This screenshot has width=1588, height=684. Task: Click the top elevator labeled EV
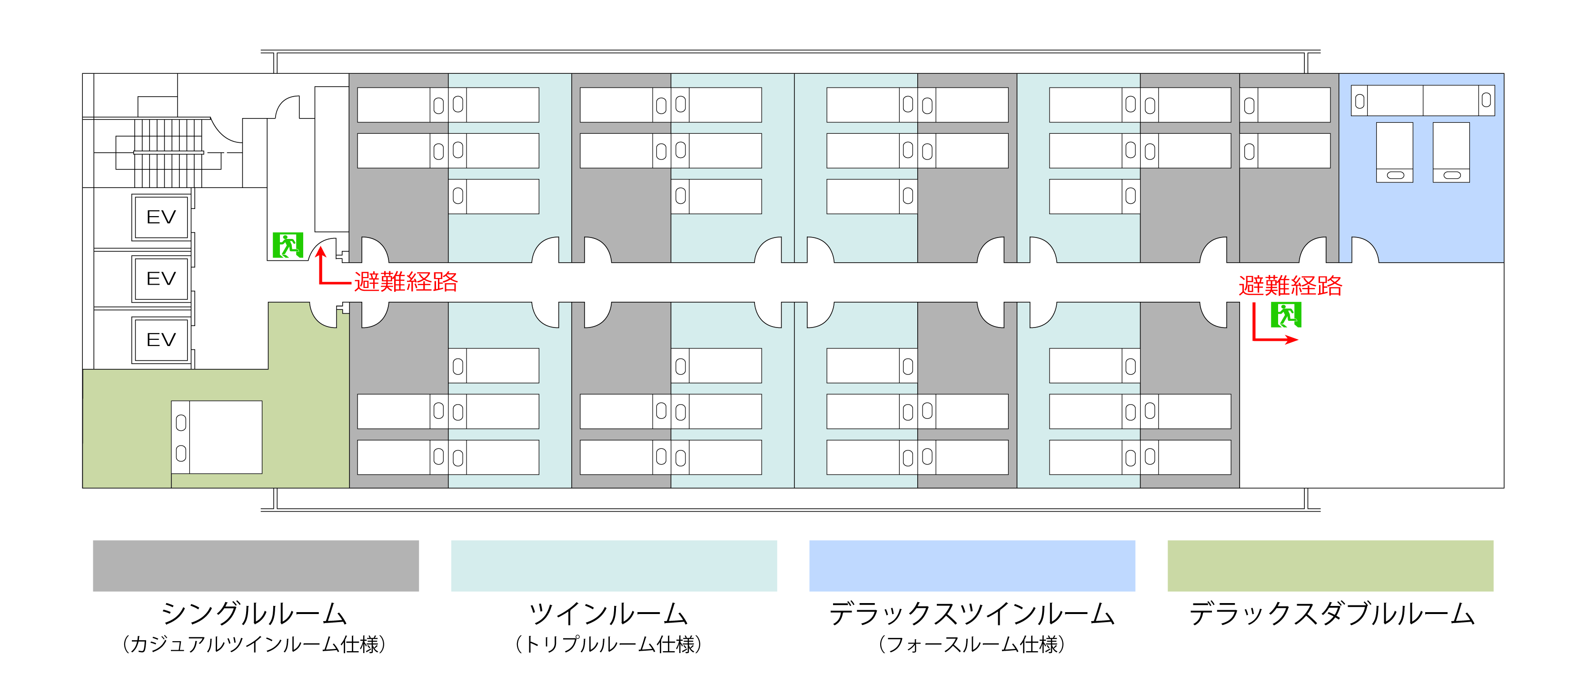(x=160, y=217)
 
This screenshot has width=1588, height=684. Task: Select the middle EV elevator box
(x=160, y=278)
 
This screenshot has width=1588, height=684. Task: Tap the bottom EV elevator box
(x=160, y=339)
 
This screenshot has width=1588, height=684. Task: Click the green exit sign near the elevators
(x=288, y=245)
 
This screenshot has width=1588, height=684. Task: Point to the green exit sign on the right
(x=1286, y=316)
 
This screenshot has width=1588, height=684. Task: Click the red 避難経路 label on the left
(x=406, y=282)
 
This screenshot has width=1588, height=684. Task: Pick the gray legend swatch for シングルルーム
(x=256, y=565)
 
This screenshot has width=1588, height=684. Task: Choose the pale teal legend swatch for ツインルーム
(x=614, y=565)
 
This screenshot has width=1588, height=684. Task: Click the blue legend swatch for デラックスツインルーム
(x=972, y=565)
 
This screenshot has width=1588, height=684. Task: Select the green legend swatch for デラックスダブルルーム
(x=1330, y=565)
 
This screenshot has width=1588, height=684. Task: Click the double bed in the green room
(x=217, y=437)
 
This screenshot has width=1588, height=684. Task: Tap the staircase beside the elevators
(x=168, y=153)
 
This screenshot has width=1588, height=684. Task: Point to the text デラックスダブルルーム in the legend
(x=1331, y=614)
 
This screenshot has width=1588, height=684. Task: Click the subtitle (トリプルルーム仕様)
(x=608, y=644)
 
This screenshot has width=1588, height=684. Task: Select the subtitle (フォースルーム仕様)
(x=972, y=644)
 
